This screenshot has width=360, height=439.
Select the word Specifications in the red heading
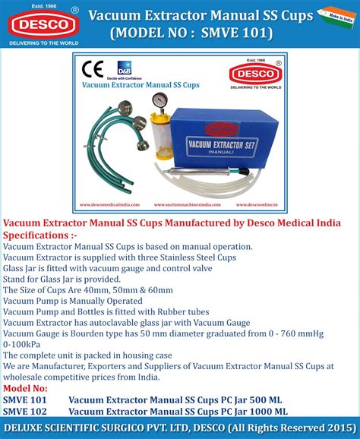39,235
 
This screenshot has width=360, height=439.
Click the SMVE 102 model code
25,411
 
